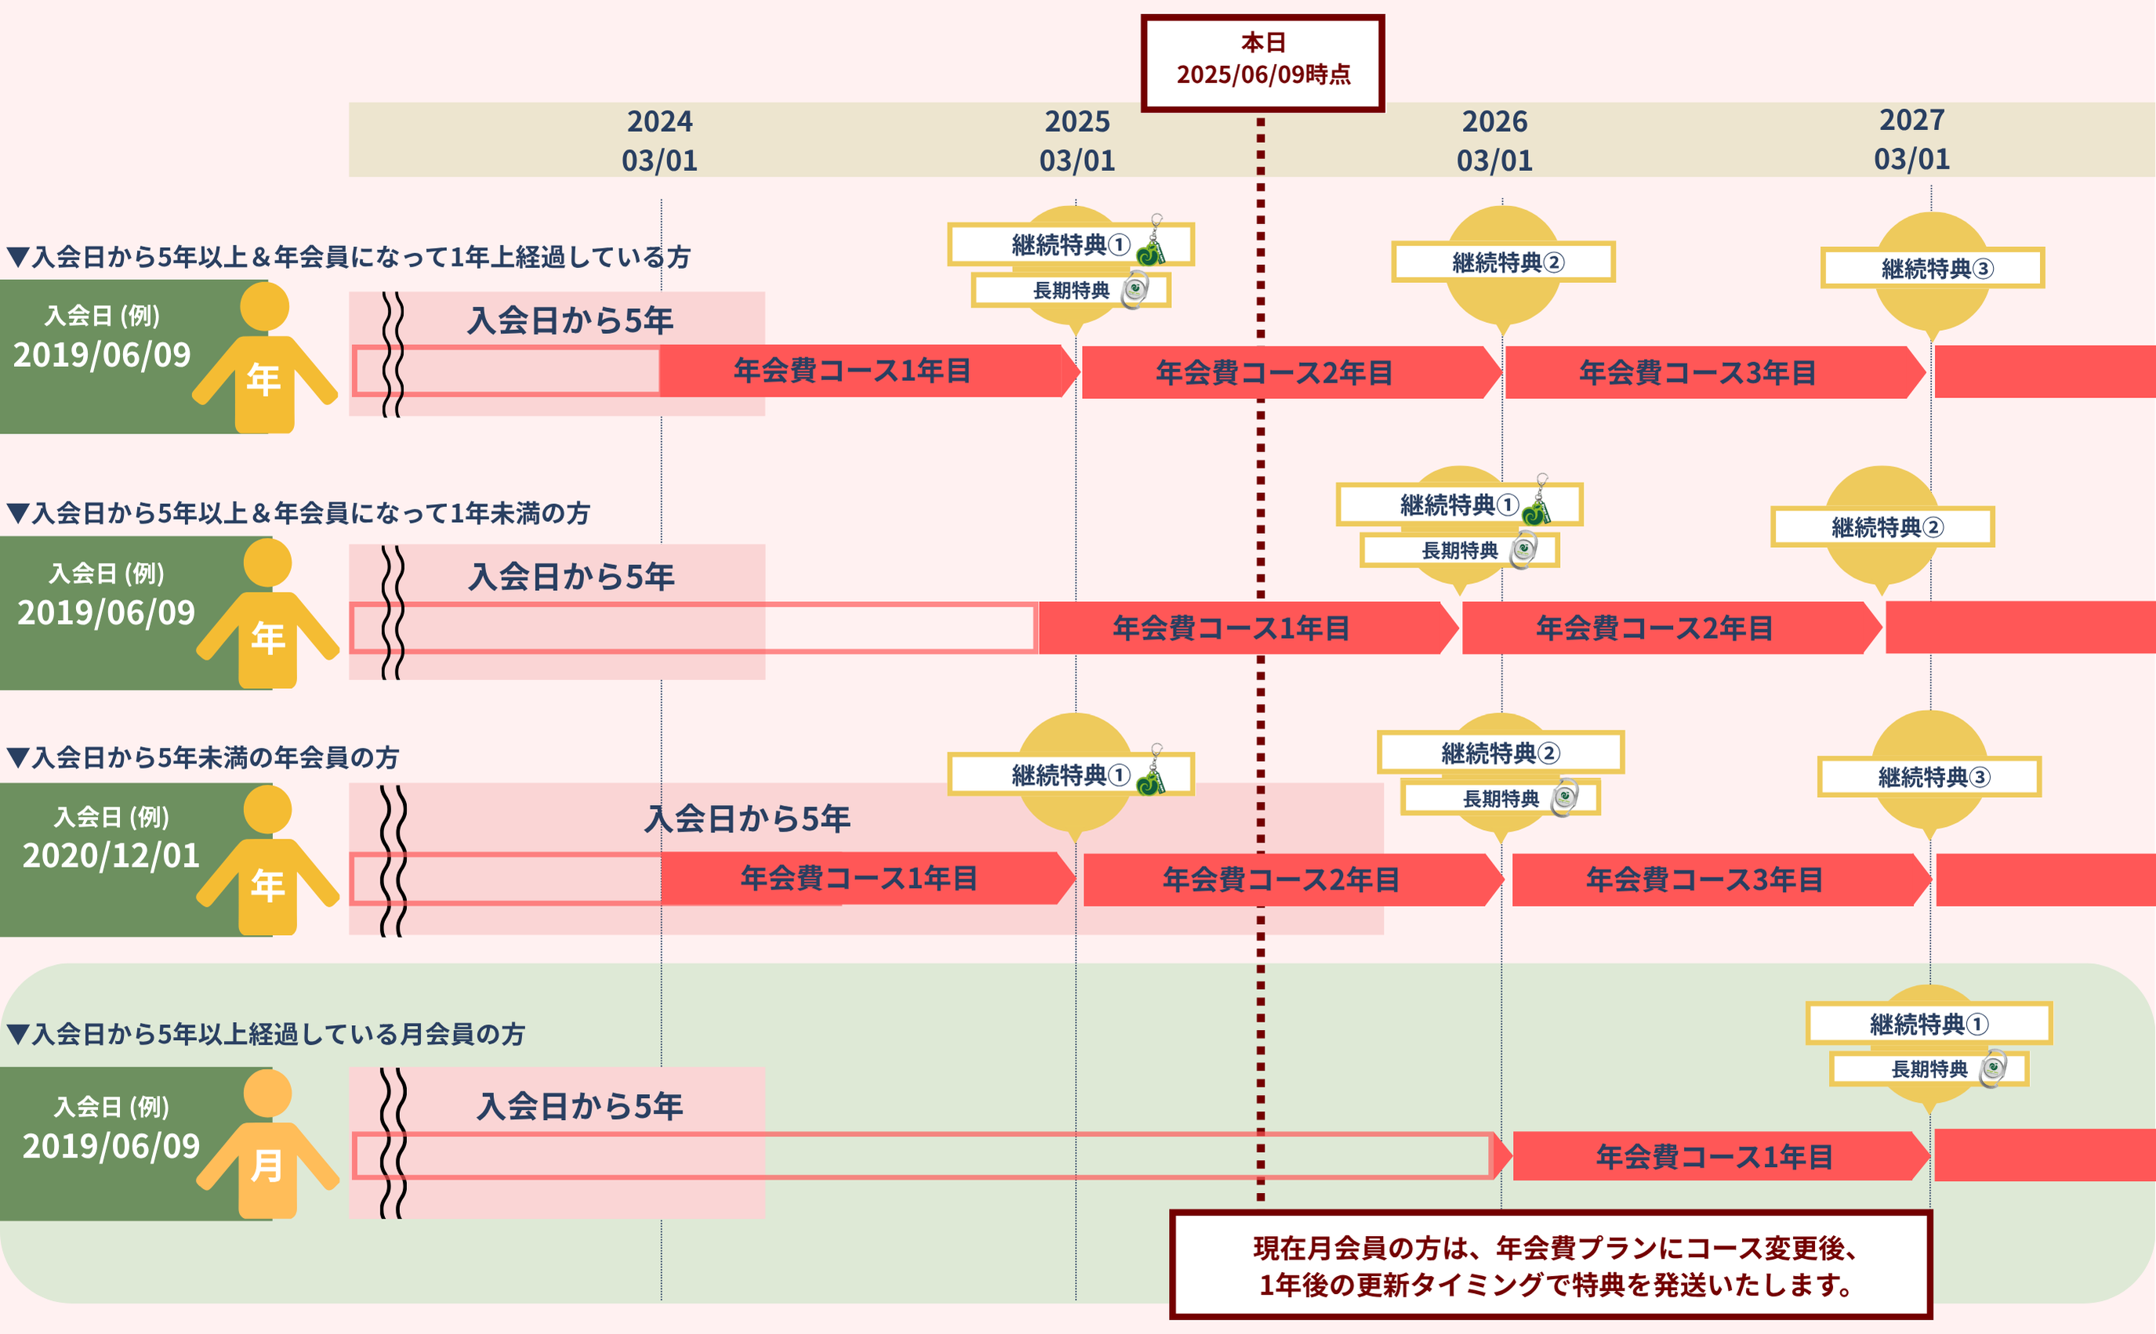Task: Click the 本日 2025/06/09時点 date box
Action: (1262, 60)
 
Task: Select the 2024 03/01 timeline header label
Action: (659, 140)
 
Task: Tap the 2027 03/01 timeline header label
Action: (1911, 140)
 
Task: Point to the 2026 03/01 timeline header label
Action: (1494, 140)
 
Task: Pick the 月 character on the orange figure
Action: (267, 1165)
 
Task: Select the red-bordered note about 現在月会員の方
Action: (1551, 1265)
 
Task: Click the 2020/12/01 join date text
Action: (111, 856)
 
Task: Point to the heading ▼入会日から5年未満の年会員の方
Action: (203, 757)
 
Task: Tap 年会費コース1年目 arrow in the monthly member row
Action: (1714, 1156)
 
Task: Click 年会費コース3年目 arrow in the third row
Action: (1705, 879)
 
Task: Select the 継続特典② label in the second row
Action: (1882, 527)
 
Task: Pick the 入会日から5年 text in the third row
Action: (747, 819)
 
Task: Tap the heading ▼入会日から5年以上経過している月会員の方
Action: (265, 1033)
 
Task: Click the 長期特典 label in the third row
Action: (1500, 799)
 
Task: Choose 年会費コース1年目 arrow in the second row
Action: (1231, 628)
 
